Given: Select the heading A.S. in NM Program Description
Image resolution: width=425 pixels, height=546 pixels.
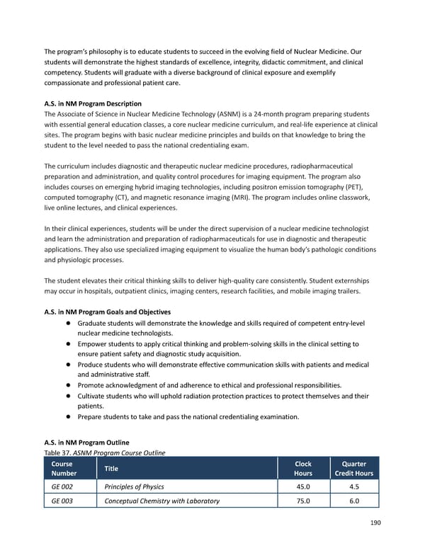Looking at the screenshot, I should coord(93,103).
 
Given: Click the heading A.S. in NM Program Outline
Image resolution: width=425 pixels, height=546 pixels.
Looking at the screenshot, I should coord(86,443).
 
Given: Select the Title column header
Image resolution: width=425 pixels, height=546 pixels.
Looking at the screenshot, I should coord(111,468).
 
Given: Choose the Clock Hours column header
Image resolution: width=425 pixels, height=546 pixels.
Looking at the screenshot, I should coord(302,468).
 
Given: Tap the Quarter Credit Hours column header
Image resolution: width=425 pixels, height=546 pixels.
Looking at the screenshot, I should coord(353,468).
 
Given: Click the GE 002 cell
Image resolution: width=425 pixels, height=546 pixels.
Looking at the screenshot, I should coord(61,487).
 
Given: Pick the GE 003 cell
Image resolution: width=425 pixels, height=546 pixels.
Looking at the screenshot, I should coord(61,501).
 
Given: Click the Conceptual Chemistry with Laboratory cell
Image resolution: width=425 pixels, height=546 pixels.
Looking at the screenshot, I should coord(161,501).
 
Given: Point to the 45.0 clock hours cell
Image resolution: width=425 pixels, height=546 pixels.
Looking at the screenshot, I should coord(302,487).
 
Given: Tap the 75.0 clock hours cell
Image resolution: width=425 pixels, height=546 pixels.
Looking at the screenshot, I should coord(302,501).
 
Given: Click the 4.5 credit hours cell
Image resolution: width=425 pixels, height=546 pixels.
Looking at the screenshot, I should coord(353,487).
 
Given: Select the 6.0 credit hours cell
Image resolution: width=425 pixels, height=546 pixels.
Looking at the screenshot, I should coord(353,501).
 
